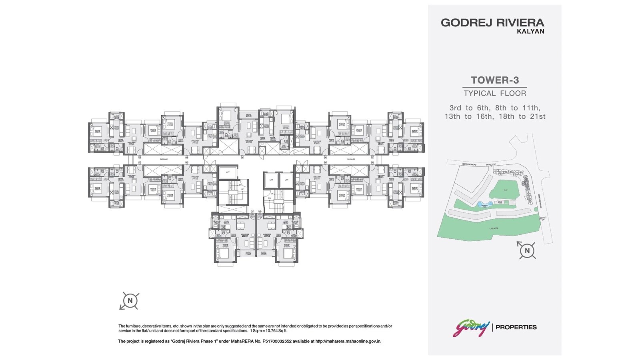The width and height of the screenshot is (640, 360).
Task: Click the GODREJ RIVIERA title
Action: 492,22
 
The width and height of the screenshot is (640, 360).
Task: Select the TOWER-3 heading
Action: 495,80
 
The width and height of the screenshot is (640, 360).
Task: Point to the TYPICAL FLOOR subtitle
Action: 495,94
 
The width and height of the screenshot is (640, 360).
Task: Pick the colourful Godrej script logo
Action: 471,328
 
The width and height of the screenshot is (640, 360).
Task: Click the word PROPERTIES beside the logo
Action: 516,327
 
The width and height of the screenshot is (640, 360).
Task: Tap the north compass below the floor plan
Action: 129,300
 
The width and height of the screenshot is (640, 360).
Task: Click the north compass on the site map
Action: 527,251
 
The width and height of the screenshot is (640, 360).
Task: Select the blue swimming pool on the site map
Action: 481,204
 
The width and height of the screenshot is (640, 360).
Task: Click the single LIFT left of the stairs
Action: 228,172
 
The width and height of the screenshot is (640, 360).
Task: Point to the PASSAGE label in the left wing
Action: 164,159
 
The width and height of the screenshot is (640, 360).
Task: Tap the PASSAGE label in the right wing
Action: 351,159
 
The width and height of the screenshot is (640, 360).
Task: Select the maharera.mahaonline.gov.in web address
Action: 348,341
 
